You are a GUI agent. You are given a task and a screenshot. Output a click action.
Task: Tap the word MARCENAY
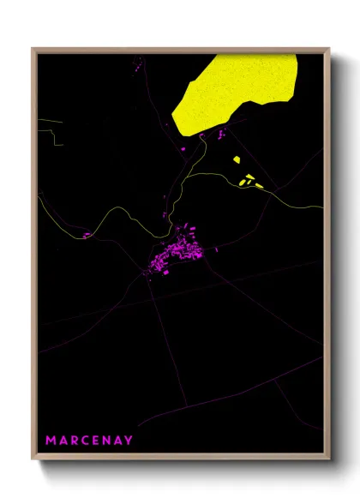point(89,440)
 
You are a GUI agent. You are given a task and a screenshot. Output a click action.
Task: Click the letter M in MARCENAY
point(51,440)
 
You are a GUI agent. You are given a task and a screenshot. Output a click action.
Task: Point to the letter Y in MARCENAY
point(129,440)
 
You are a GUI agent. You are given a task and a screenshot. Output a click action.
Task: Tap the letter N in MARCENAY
point(106,440)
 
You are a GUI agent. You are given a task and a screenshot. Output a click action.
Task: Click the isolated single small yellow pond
point(237,159)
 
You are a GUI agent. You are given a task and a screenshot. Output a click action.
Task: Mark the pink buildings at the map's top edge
point(137,61)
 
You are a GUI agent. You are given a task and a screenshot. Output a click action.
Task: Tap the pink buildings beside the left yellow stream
point(87,234)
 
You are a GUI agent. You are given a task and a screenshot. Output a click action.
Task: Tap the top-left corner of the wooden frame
point(33,49)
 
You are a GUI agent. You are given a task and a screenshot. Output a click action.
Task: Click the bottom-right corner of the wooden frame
point(329,459)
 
